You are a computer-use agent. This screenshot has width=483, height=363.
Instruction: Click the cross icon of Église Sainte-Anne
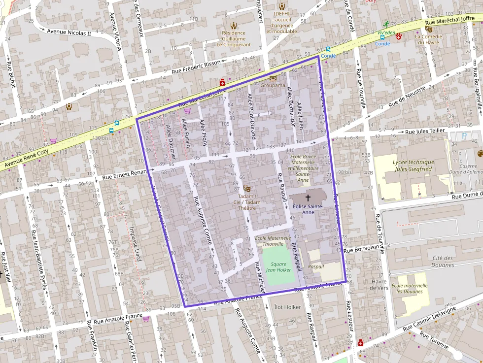[x=309, y=197]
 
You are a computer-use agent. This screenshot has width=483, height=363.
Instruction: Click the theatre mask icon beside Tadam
[x=247, y=188]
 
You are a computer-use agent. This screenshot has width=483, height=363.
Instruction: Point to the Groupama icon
[x=273, y=78]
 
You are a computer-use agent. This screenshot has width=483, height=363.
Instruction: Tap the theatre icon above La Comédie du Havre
[x=428, y=29]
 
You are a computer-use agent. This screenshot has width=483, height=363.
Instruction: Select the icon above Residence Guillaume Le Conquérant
[x=234, y=25]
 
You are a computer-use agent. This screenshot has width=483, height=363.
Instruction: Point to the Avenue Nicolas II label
[x=69, y=33]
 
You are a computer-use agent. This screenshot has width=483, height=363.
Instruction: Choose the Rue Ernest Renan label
[x=125, y=175]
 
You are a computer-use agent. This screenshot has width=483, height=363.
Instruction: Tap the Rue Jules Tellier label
[x=424, y=132]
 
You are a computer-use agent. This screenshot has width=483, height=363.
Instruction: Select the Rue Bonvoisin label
[x=364, y=249]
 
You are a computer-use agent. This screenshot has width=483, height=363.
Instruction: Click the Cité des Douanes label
[x=443, y=262]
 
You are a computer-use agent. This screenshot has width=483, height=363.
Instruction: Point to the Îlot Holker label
[x=287, y=307]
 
